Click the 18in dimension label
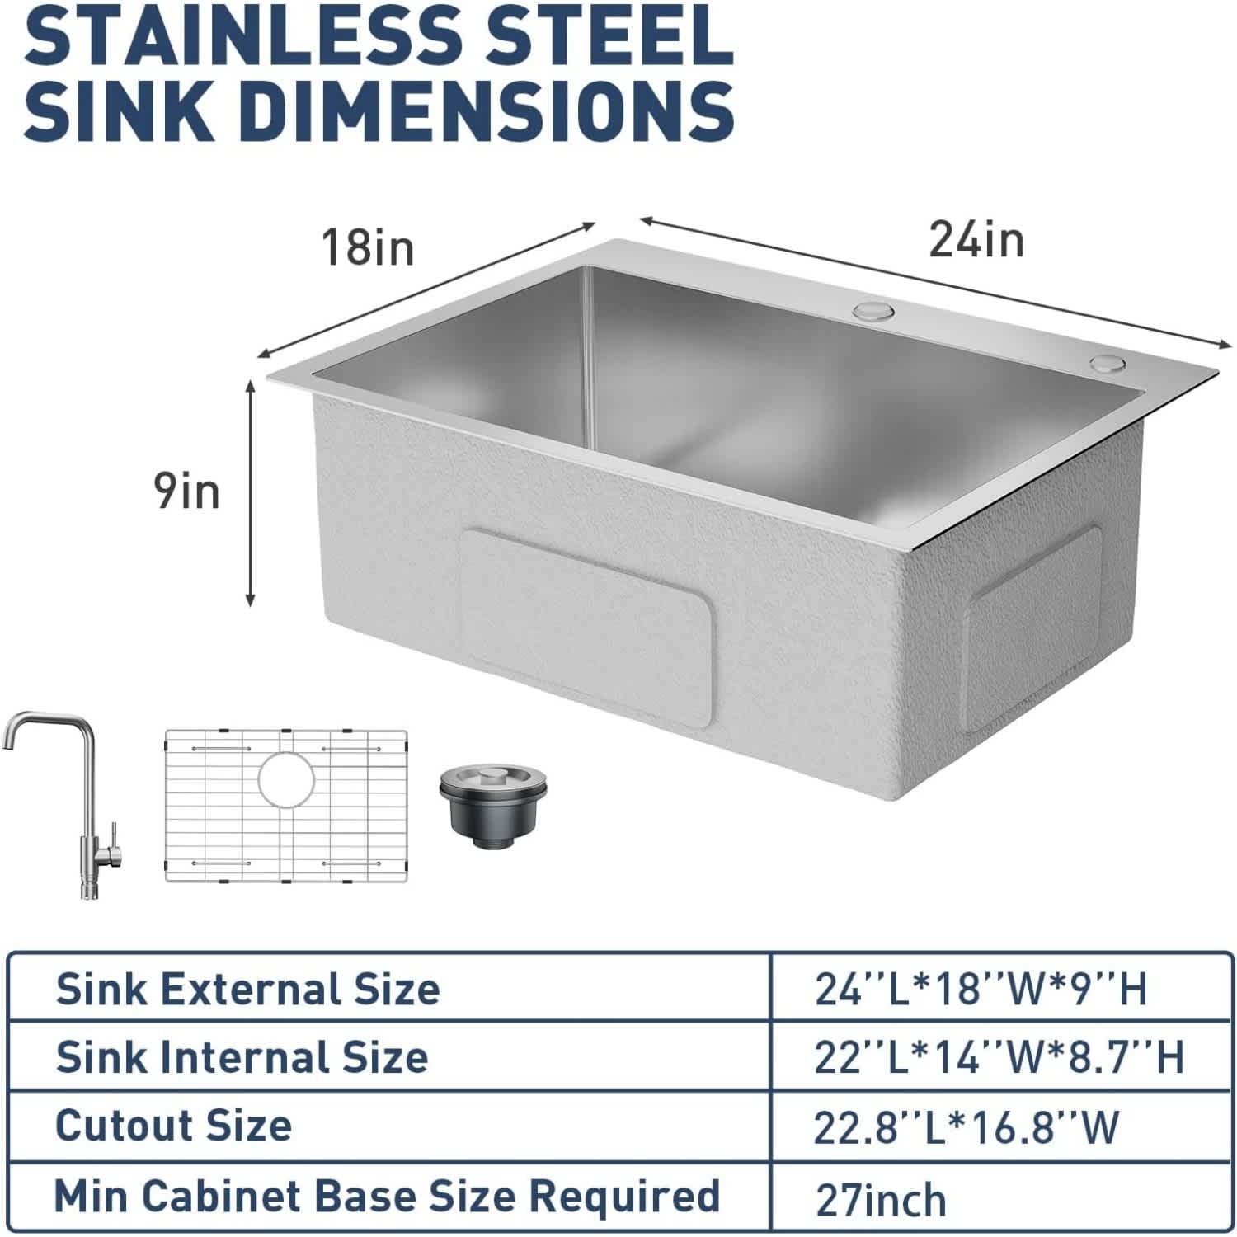point(368,247)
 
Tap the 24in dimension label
point(976,240)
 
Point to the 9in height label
point(187,492)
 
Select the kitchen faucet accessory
point(65,800)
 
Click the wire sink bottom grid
point(286,806)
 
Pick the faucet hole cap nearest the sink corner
point(1107,363)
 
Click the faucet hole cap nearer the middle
point(874,311)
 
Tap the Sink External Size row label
point(247,988)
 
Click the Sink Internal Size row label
point(242,1056)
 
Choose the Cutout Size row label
point(173,1125)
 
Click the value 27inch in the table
point(881,1200)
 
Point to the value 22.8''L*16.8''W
point(967,1127)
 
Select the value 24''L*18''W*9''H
point(981,989)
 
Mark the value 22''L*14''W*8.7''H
point(999,1057)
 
